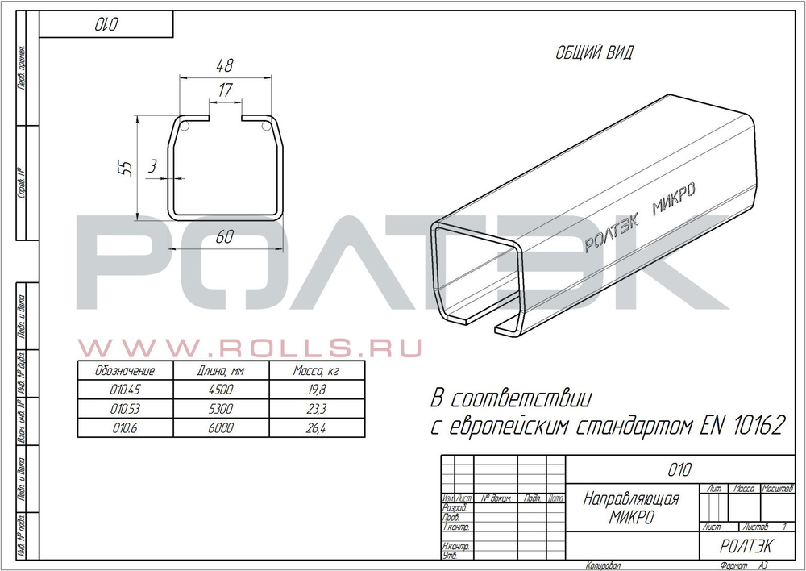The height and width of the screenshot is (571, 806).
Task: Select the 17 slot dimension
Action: (x=225, y=91)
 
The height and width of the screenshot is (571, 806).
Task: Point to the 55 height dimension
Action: (x=125, y=168)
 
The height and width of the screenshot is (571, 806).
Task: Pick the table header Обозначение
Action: (x=124, y=372)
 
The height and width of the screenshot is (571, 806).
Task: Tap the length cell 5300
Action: (x=219, y=410)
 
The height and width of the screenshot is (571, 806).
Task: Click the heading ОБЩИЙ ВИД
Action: (x=595, y=55)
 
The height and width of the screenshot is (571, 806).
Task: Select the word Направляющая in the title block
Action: (x=631, y=499)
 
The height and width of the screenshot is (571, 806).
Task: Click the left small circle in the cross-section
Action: (x=185, y=127)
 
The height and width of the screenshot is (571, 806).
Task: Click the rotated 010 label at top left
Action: (x=107, y=25)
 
